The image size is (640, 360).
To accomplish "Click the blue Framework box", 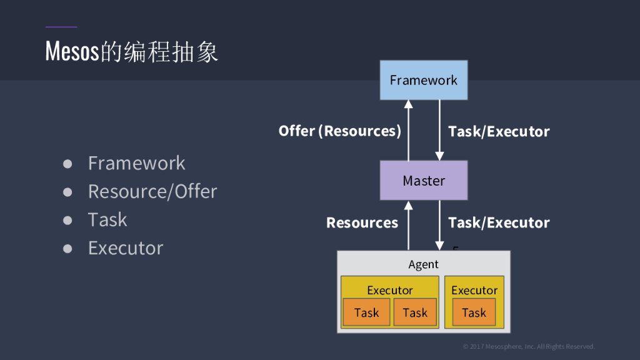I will [x=424, y=80].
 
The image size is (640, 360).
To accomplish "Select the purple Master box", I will [x=424, y=181].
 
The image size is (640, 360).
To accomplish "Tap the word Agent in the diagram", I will [x=424, y=264].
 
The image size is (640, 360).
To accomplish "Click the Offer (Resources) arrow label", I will [x=340, y=131].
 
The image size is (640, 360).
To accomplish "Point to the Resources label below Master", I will [x=362, y=223].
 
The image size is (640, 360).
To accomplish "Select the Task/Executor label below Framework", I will [x=499, y=131].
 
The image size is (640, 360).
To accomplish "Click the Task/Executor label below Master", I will [x=499, y=223].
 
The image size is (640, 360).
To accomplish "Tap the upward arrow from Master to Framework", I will [x=408, y=131].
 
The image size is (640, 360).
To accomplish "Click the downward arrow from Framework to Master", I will [x=439, y=131].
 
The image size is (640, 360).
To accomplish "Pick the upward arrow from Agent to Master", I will [x=408, y=225].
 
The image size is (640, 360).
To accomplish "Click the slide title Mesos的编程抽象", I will [x=132, y=52].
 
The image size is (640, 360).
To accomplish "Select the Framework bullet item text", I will [x=136, y=163].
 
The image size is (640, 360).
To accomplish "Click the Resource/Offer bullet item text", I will [x=152, y=191].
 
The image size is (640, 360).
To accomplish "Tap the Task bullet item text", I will [x=107, y=220].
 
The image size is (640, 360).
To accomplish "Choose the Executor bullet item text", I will [x=126, y=248].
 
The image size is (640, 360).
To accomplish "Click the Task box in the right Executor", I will [x=474, y=312].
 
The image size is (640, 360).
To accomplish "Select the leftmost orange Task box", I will [x=366, y=312].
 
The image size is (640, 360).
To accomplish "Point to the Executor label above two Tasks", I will [x=390, y=290].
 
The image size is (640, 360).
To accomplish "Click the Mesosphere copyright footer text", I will [x=529, y=346].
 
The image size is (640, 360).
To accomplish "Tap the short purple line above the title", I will [x=61, y=27].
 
